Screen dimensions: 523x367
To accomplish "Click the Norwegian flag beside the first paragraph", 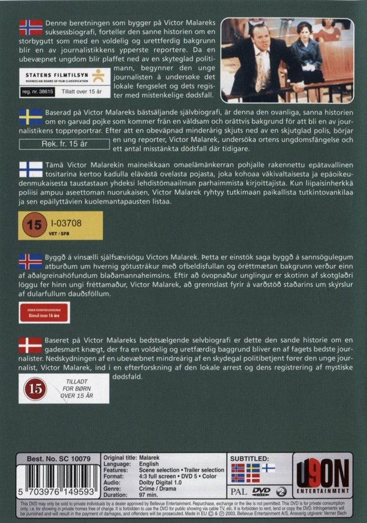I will pyautogui.click(x=31, y=27).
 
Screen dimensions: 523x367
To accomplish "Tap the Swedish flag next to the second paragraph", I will pyautogui.click(x=31, y=117).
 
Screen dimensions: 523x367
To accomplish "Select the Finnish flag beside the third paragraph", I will pyautogui.click(x=31, y=169).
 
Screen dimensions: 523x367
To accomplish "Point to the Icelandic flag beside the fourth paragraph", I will pyautogui.click(x=31, y=261).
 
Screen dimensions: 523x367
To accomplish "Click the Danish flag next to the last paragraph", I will pyautogui.click(x=31, y=345).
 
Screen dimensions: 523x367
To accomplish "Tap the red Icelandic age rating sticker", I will pyautogui.click(x=44, y=313).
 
